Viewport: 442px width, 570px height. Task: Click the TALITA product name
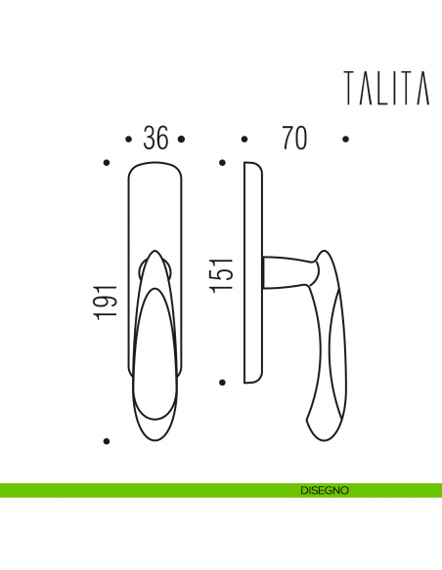386,88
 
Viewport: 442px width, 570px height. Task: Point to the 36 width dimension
155,139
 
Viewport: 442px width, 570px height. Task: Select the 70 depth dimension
293,139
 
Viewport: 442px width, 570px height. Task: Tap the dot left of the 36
130,140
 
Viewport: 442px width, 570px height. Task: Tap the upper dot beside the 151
223,163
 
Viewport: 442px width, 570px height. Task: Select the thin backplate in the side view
252,273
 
